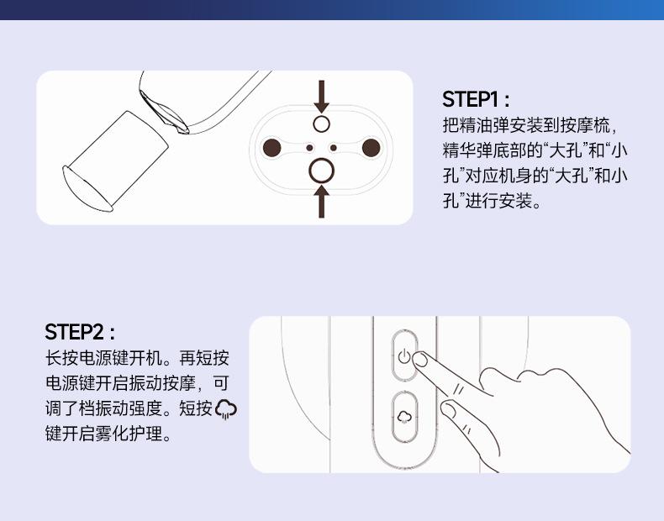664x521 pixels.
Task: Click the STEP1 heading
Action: pos(476,99)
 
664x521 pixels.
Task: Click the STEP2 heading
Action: pos(80,332)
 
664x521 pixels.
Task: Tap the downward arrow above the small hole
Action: pos(321,97)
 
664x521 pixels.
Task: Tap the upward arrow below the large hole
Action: pos(321,202)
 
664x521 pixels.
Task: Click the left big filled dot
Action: pos(271,148)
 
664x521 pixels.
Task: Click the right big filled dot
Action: pos(371,148)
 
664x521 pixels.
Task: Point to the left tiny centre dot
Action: pos(309,148)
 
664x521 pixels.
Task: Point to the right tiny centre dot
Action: pos(334,148)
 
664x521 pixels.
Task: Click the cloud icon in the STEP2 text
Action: pos(226,409)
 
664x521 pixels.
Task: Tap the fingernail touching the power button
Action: pos(419,360)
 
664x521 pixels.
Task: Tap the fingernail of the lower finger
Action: pos(448,409)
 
